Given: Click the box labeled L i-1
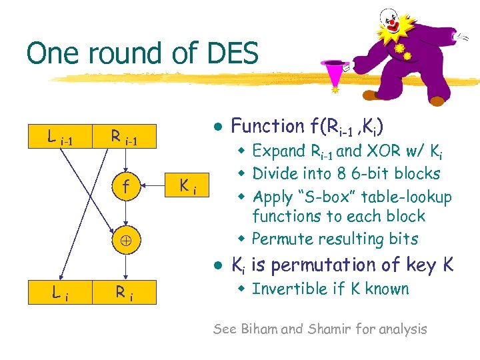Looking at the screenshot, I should (x=60, y=139).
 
